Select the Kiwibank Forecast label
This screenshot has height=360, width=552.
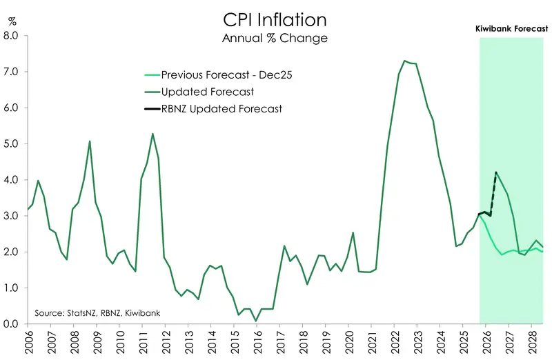[512, 29]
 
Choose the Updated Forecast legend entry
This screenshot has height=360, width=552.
[207, 92]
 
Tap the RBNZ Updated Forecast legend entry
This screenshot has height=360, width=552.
[221, 108]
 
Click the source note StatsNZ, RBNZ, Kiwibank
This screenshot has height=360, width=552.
[97, 313]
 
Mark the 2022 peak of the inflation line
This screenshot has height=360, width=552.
[404, 61]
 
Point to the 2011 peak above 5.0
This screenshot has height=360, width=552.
[152, 134]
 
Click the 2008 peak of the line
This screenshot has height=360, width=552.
[90, 141]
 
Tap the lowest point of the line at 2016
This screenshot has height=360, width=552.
[256, 321]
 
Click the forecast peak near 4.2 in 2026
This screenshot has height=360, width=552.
[496, 172]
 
